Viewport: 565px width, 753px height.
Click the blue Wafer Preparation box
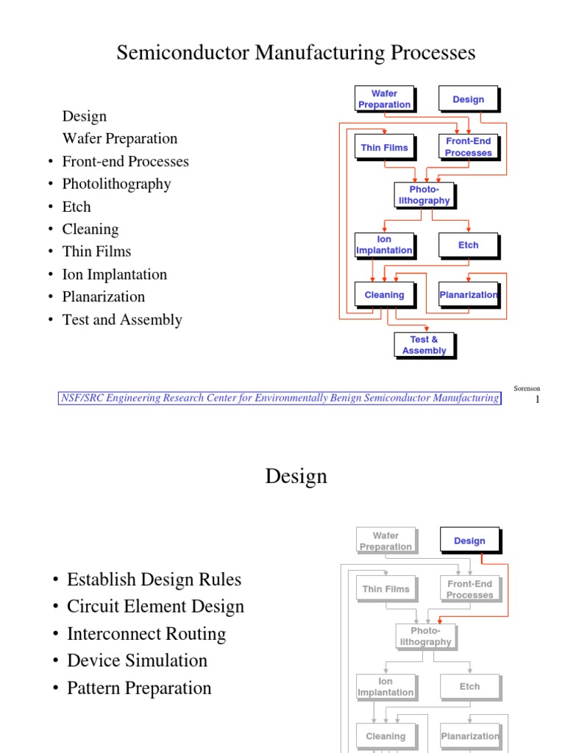point(384,99)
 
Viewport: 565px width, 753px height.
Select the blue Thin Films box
point(384,147)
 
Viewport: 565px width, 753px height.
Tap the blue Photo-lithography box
point(424,195)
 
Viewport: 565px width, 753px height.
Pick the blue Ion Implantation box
point(384,245)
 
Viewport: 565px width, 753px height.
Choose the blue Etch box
point(469,245)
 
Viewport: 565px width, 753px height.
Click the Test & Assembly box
point(424,345)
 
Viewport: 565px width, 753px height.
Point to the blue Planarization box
point(469,295)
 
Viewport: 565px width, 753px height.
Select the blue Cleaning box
point(384,295)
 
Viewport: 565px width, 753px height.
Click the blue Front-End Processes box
point(469,147)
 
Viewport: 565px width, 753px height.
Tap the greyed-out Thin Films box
point(385,589)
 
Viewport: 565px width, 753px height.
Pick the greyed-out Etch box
point(469,687)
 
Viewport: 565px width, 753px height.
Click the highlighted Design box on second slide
point(469,540)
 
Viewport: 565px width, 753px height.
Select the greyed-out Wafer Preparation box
point(385,541)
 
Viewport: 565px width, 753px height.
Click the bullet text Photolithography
point(116,184)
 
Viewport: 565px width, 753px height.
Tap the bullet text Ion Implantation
point(115,274)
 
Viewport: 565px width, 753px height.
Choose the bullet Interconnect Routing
point(146,633)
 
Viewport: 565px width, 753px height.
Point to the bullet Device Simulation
point(137,660)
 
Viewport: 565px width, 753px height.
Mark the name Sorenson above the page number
point(527,388)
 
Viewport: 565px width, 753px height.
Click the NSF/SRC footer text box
point(280,399)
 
